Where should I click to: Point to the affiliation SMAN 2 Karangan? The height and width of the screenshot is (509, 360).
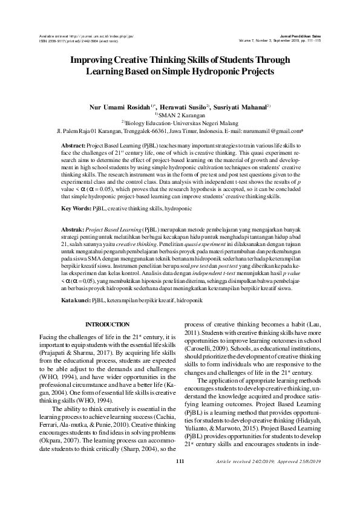182,114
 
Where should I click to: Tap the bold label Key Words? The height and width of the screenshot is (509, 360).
76,209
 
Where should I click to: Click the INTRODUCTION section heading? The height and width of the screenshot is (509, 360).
107,325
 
